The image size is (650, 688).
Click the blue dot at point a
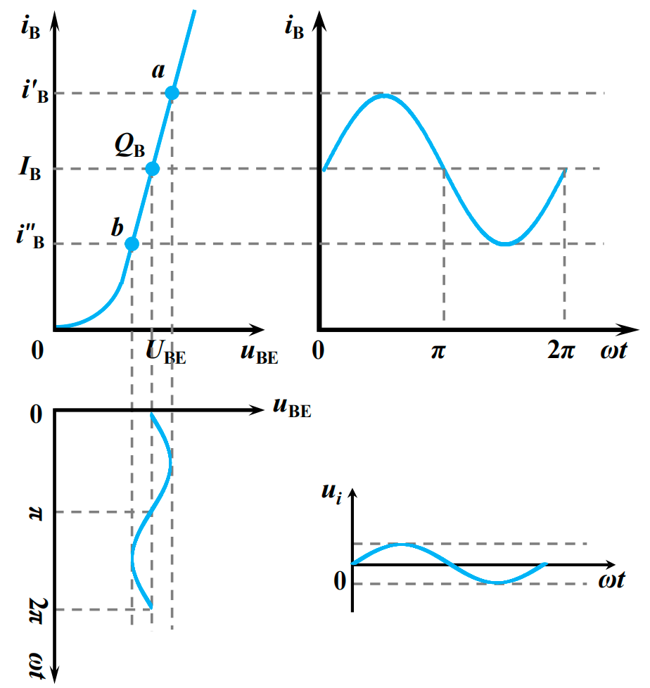(x=172, y=93)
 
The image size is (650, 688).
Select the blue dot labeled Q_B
(x=152, y=169)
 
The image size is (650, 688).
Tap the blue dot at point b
(x=132, y=244)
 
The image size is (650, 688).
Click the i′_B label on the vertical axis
(x=32, y=93)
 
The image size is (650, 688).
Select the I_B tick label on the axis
(x=30, y=169)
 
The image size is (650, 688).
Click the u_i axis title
(x=331, y=493)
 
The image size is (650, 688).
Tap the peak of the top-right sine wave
(x=383, y=94)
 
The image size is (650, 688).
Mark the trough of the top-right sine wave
(x=504, y=243)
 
